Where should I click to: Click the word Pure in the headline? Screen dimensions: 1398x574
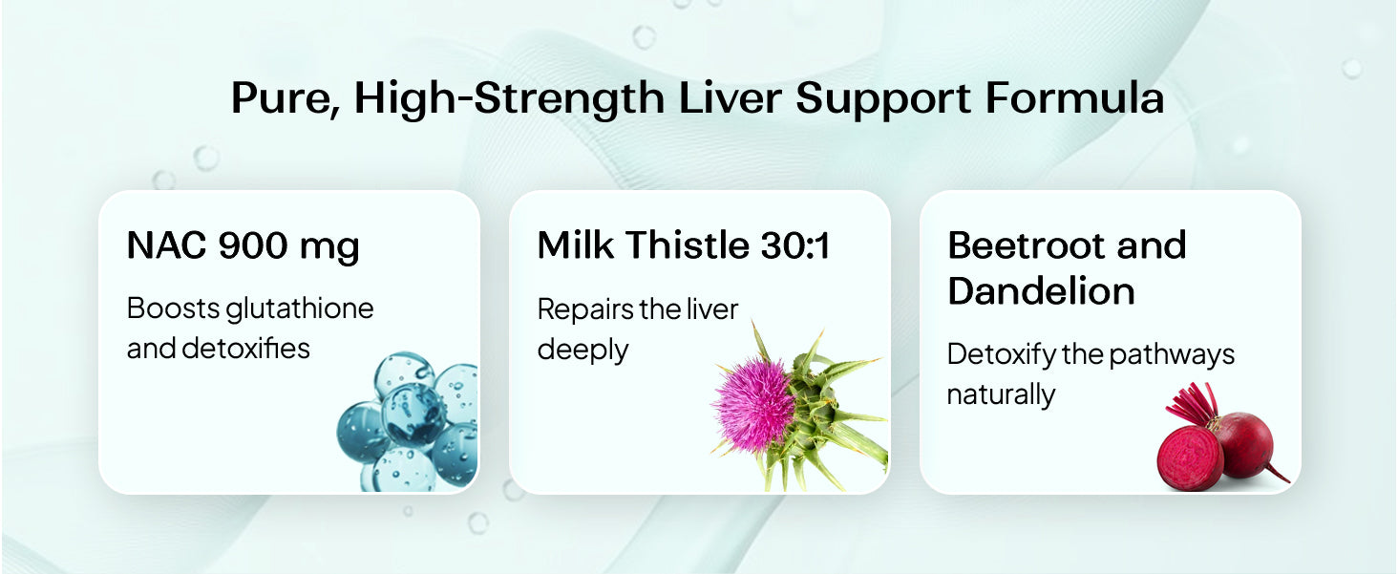pos(285,98)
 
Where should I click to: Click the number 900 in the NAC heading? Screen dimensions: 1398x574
pos(252,245)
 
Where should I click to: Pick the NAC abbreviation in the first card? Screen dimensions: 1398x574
pos(166,245)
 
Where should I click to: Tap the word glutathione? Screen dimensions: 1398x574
pos(300,309)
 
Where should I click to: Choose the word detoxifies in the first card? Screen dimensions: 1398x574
pos(245,349)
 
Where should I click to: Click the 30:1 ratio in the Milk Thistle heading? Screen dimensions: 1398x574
pos(796,244)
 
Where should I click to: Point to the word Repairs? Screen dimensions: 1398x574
pos(584,310)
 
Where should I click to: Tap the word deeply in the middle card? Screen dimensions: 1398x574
pos(582,351)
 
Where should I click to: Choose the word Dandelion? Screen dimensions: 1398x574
pos(1041,290)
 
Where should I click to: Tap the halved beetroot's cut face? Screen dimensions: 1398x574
pos(1189,459)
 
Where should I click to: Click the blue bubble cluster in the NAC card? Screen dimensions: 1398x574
pos(408,422)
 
